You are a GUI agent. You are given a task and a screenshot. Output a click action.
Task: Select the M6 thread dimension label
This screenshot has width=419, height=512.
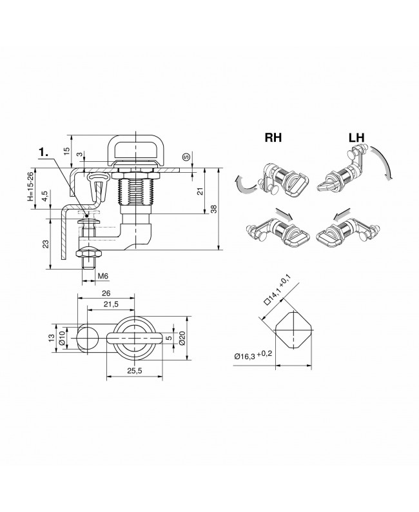(x=102, y=277)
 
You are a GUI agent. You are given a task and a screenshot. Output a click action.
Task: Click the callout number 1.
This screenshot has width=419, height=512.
(x=43, y=152)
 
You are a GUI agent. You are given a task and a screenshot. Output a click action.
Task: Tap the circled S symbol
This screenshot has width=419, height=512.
(x=186, y=155)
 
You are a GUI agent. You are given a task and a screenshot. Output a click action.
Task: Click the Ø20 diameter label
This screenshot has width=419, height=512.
(x=182, y=337)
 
